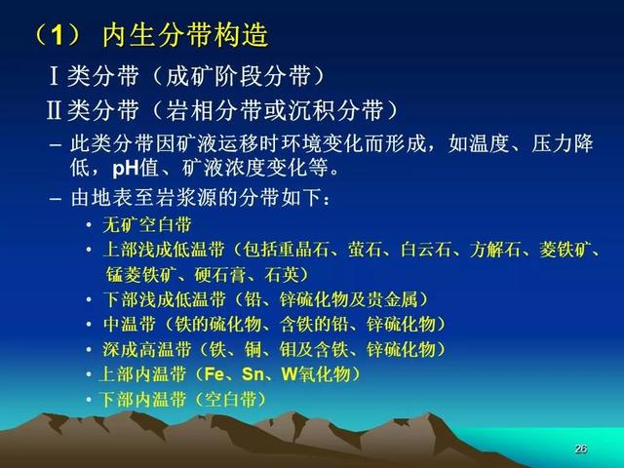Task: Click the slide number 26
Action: pos(581,448)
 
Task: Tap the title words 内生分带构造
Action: pos(185,35)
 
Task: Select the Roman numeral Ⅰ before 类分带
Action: pos(55,76)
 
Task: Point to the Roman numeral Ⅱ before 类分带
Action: pos(55,110)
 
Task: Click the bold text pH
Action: pos(126,169)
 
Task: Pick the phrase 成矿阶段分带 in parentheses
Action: pos(238,76)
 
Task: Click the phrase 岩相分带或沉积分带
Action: pos(275,110)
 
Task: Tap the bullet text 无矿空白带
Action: pos(147,225)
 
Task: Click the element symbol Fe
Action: pos(214,374)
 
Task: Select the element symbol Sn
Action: pos(253,374)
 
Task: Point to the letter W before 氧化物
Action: pos(290,374)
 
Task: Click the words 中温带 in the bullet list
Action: pos(129,324)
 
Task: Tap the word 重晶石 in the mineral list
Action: pos(303,250)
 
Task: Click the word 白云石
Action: pos(426,250)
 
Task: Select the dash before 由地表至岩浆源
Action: pos(56,198)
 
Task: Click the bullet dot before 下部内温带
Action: pos(89,400)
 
